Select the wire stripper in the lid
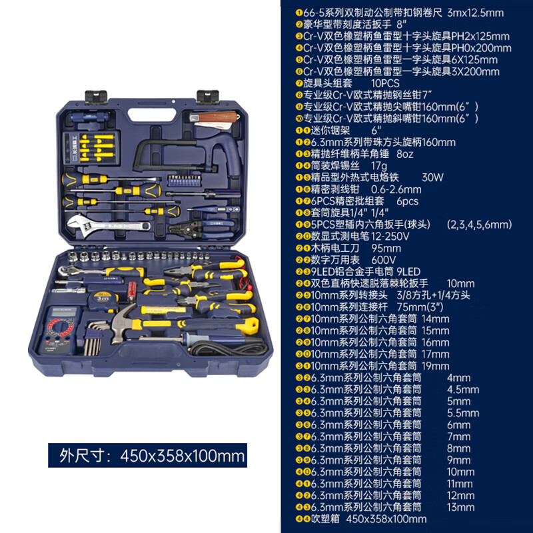(183, 229)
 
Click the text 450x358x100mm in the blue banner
(183, 456)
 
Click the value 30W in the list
(432, 178)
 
